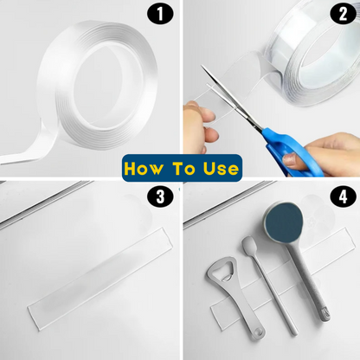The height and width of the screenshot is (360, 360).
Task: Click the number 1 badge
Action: coord(160,14)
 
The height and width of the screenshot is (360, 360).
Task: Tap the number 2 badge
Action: coord(343,14)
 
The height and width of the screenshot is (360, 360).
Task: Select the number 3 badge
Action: coord(160,197)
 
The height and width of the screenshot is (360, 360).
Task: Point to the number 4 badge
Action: coord(343,197)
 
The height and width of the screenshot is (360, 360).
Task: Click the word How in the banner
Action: coord(143,168)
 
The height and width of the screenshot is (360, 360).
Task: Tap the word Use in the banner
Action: coord(221,168)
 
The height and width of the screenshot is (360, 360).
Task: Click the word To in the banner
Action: coord(183,168)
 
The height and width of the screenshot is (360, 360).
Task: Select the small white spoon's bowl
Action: coord(249,245)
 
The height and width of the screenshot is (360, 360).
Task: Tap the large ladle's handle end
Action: coord(325,314)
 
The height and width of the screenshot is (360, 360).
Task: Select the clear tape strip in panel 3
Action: coord(100,278)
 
